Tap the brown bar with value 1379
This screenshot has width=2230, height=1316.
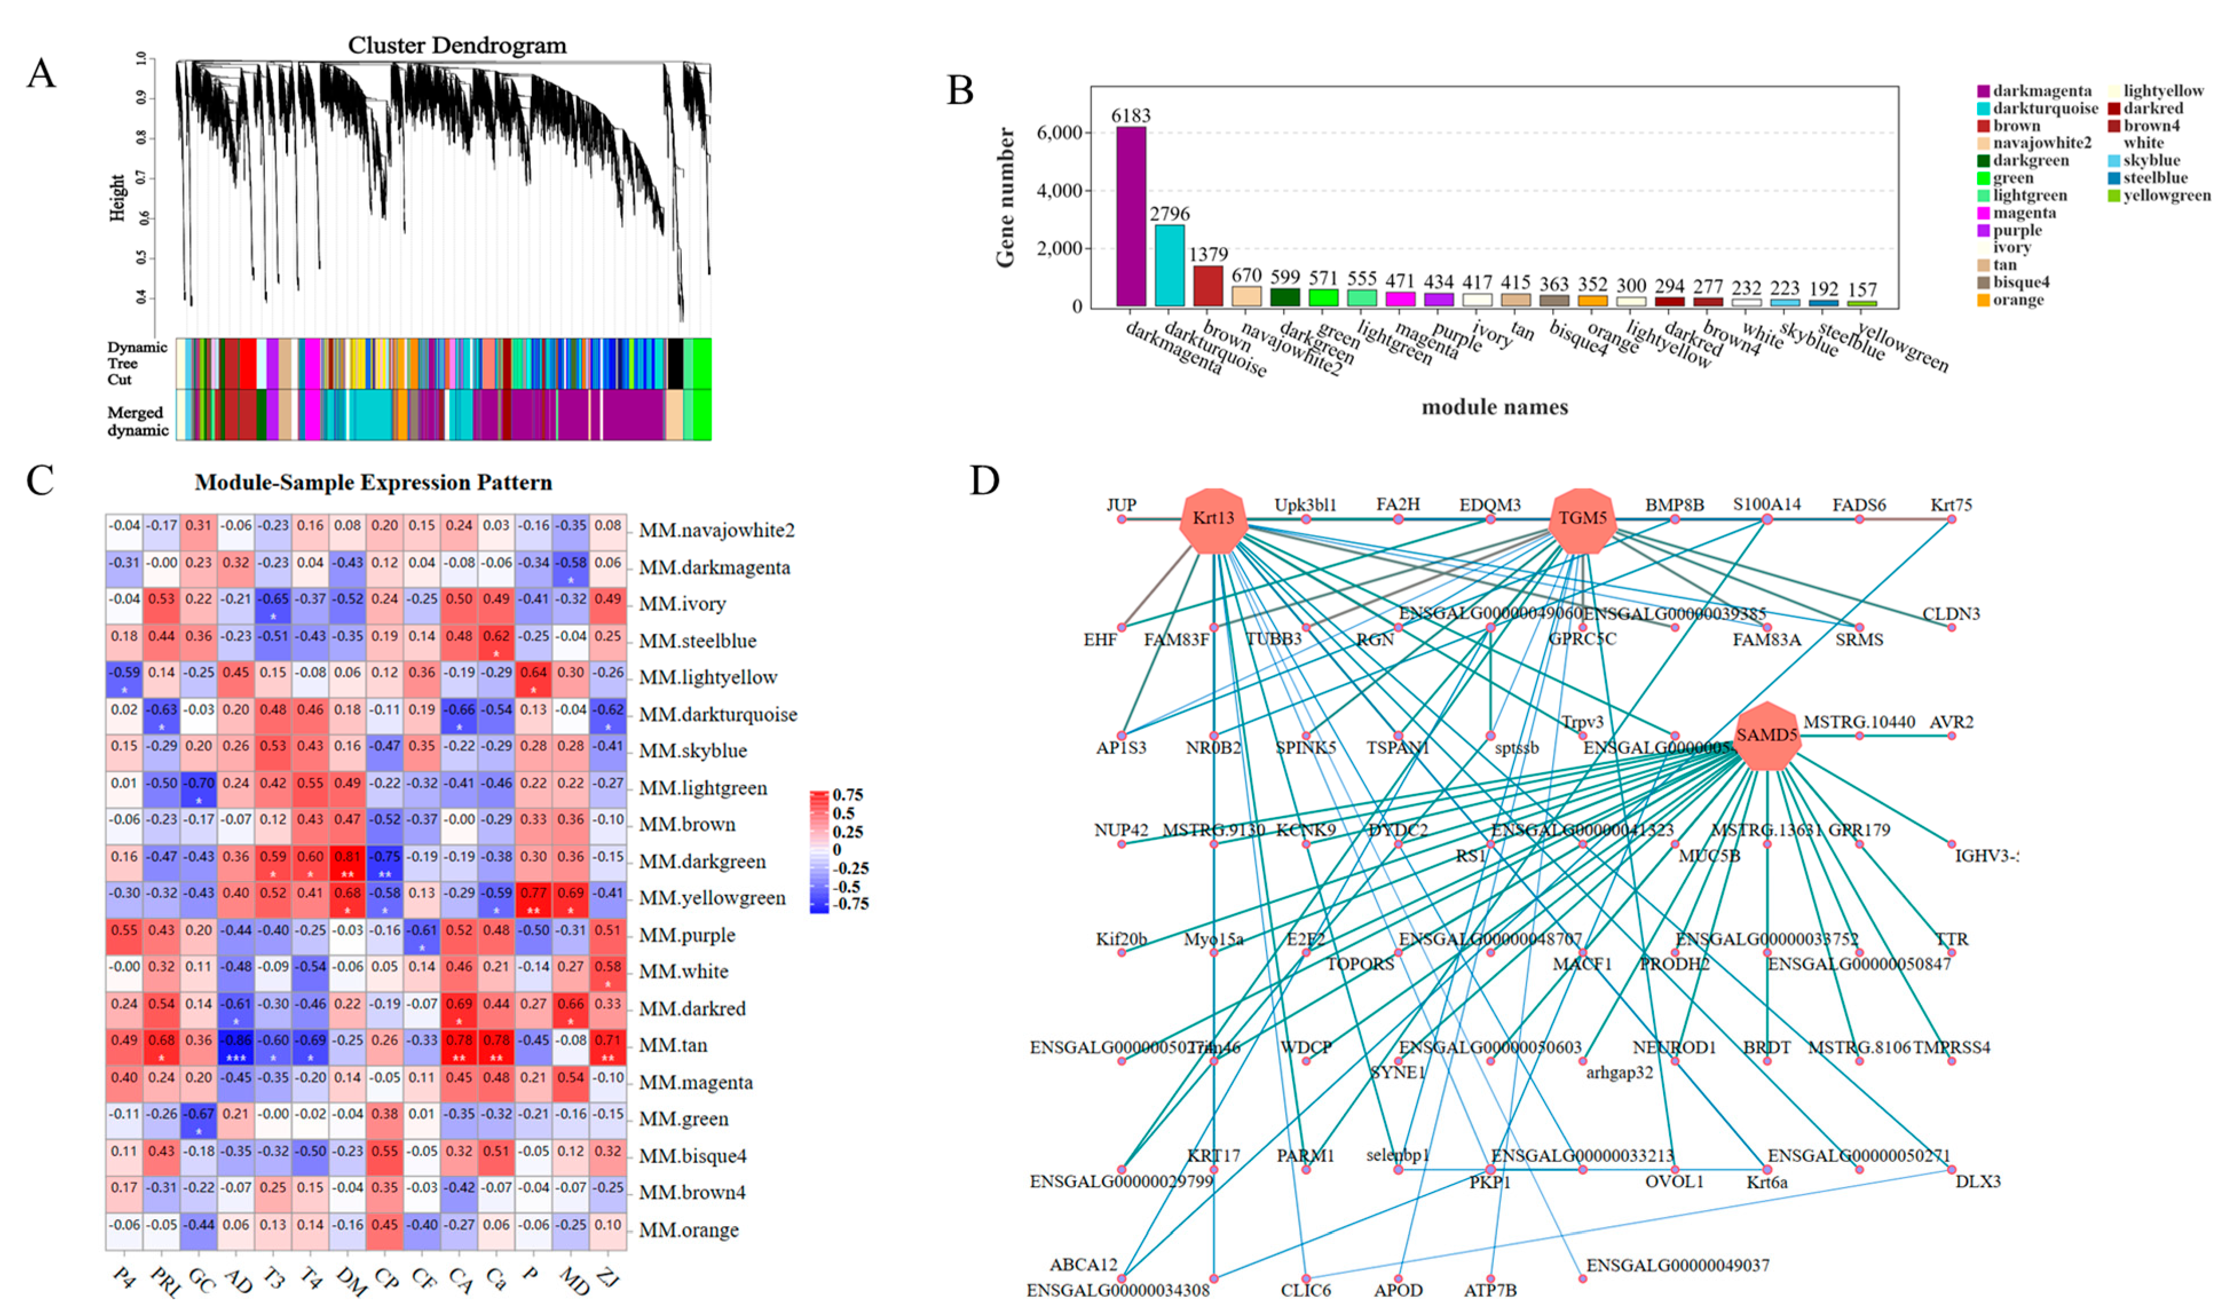coord(1207,286)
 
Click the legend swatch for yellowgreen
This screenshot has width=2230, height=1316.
coord(2114,196)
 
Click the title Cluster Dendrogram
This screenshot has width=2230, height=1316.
coord(457,45)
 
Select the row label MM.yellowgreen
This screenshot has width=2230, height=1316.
coord(712,898)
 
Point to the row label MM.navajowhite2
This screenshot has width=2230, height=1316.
coord(716,530)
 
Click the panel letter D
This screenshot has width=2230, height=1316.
coord(984,481)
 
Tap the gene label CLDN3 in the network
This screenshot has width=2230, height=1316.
coord(1950,614)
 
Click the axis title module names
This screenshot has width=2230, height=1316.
coord(1494,407)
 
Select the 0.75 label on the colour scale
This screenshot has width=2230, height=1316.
coord(848,795)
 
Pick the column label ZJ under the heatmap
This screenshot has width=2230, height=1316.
coord(608,1277)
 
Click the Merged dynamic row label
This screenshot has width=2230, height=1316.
coord(137,421)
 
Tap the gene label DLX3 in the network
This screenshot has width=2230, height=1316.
coord(1978,1181)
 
